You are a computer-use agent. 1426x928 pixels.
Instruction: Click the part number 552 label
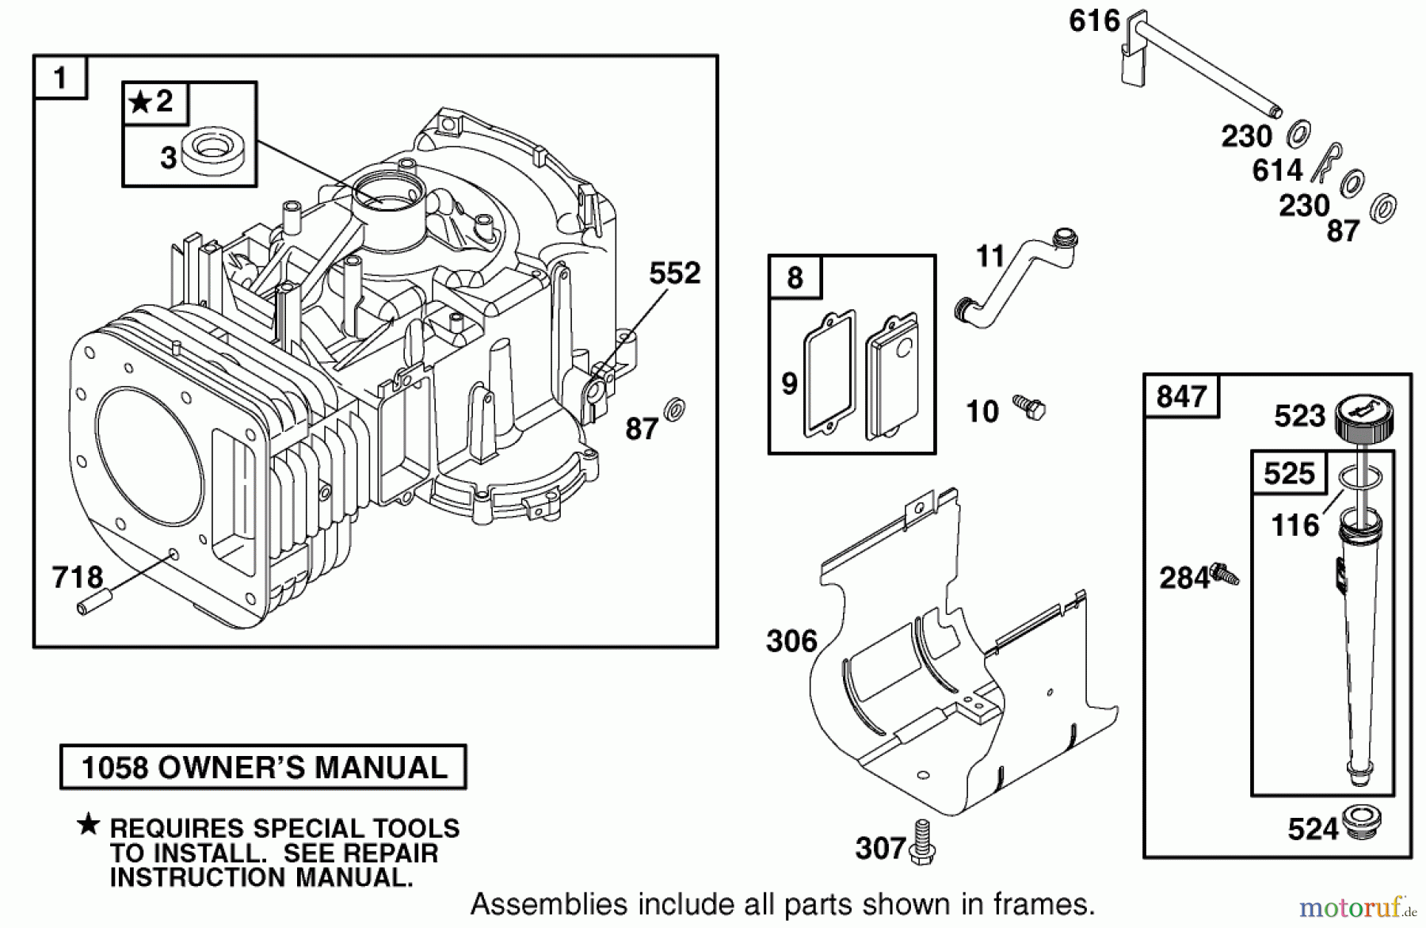[x=674, y=273]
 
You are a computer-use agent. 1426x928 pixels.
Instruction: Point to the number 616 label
[x=1094, y=21]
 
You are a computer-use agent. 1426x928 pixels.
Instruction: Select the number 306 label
[x=791, y=640]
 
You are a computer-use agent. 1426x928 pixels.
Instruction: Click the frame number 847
[x=1180, y=396]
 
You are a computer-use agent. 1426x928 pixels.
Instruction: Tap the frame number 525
[x=1289, y=473]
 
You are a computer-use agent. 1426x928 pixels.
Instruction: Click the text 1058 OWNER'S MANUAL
[x=264, y=767]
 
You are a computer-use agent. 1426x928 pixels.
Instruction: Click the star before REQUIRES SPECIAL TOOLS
[x=88, y=825]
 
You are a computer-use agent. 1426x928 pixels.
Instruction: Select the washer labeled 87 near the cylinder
[x=675, y=411]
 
